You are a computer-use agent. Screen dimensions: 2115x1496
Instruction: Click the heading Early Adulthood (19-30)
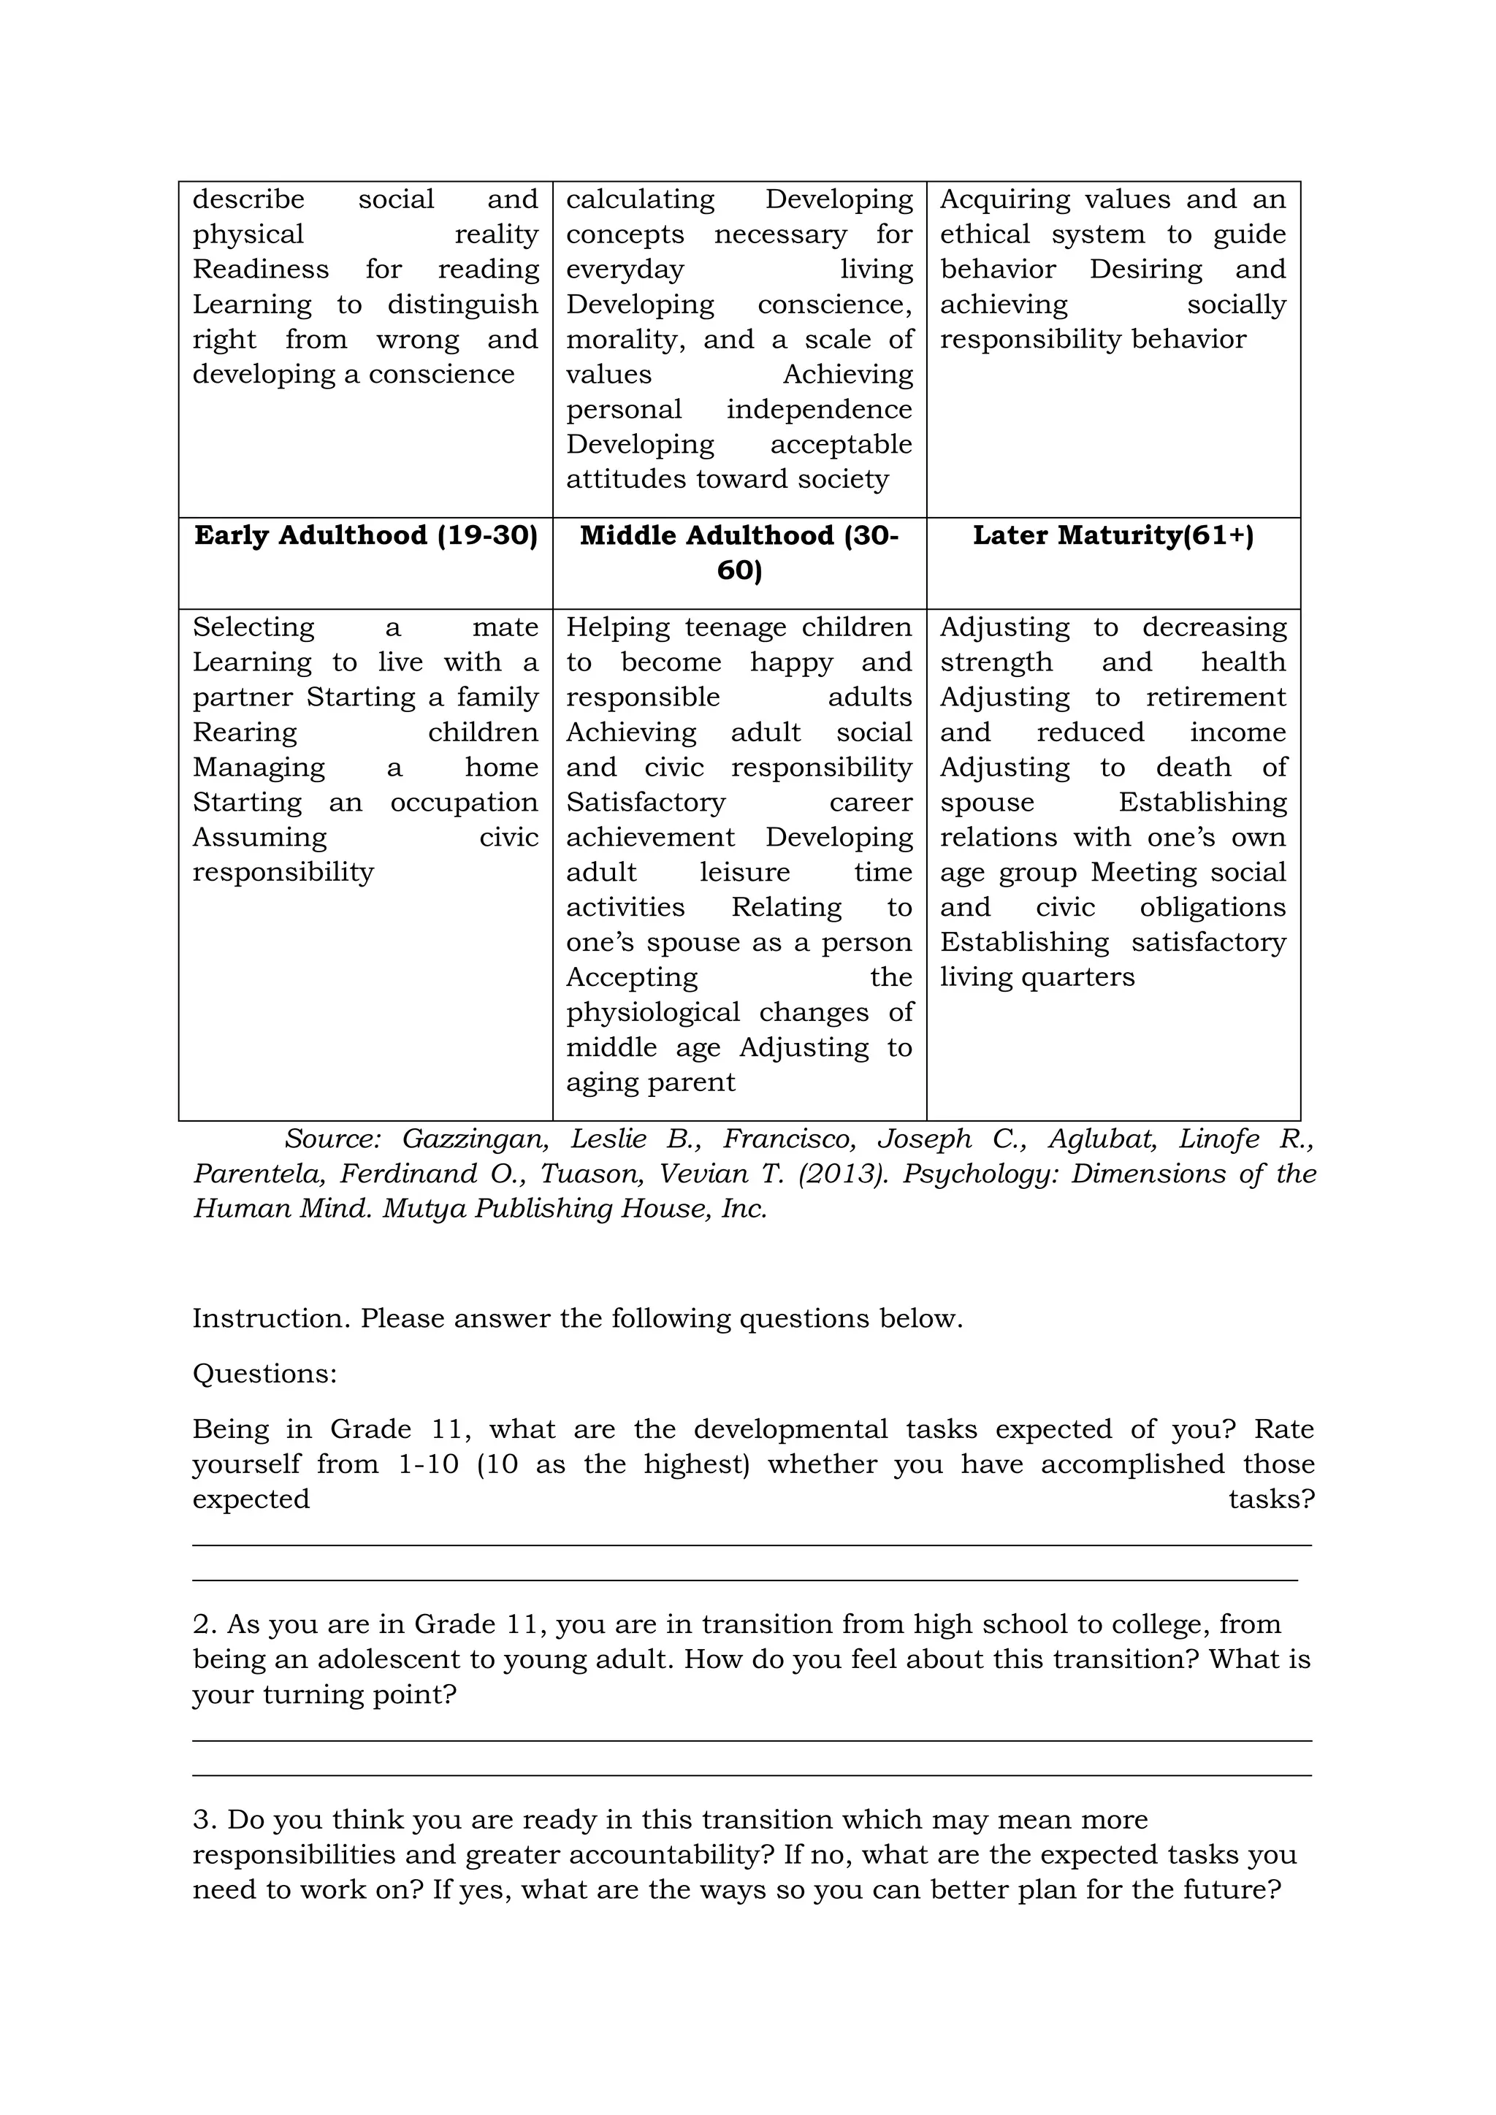coord(366,536)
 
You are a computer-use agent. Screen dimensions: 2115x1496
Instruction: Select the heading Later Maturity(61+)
coord(1113,536)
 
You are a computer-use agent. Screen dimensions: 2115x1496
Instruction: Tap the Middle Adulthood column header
coord(739,553)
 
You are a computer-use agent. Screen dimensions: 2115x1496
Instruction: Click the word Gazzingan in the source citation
coord(476,1139)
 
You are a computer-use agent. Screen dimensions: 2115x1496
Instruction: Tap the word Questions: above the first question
coord(264,1374)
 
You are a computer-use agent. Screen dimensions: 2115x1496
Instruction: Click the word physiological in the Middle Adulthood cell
coord(652,1013)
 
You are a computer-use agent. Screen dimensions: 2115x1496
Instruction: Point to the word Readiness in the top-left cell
coord(260,270)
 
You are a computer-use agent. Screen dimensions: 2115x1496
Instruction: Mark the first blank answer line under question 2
coord(752,1740)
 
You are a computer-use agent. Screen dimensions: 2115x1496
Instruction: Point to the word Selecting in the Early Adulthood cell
coord(253,628)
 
